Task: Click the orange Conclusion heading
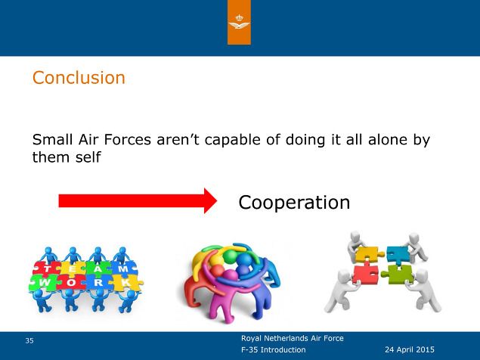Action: click(79, 77)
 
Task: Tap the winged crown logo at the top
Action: click(239, 22)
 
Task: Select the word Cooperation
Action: click(294, 202)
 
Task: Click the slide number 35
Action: click(29, 340)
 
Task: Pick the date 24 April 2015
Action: click(410, 349)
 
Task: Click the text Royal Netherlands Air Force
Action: click(293, 338)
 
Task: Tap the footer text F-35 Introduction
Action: click(274, 349)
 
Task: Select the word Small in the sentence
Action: click(52, 139)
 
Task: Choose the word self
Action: click(88, 157)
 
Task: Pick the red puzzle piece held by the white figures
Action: click(366, 273)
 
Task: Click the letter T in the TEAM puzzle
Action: click(47, 269)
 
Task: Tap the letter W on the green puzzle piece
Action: click(44, 282)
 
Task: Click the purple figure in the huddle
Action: click(229, 294)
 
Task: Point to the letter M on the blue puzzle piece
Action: click(122, 269)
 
